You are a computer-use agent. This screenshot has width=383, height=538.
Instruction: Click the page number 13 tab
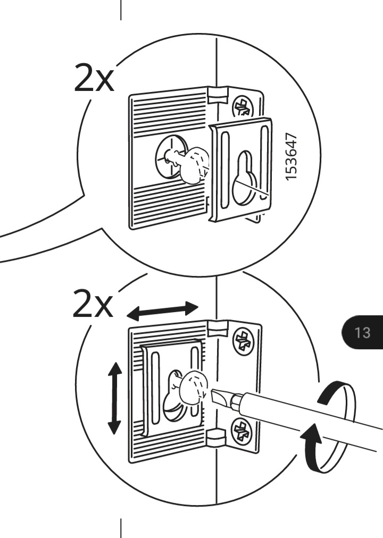pos(362,332)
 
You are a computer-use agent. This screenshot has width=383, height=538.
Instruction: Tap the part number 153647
pos(290,156)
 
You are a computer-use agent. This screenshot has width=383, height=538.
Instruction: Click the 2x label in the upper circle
pos(93,78)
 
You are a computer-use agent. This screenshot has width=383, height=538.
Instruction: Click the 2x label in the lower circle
pos(93,303)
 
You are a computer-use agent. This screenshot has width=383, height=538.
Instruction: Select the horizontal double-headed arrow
pos(163,310)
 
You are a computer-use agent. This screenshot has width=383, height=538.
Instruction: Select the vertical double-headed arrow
pos(114,398)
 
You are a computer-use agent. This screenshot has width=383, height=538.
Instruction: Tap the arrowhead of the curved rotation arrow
pos(311,434)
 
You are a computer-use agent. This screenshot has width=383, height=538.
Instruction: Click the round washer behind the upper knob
pos(169,157)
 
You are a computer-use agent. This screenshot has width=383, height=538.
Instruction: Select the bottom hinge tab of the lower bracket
pos(216,437)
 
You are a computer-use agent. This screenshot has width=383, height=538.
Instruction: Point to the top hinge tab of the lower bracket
pos(218,328)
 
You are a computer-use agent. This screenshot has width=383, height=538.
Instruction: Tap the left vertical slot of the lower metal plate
pos(155,388)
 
